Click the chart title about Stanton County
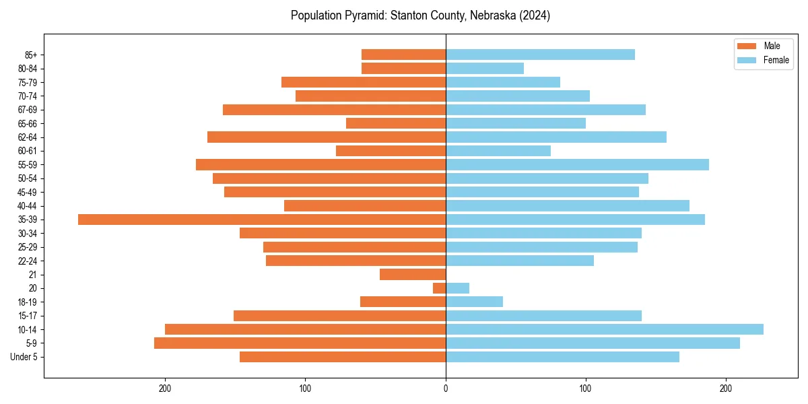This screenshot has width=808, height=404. tap(420, 15)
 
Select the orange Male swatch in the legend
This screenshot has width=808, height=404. tap(747, 46)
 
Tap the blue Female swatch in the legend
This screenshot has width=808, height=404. tap(747, 60)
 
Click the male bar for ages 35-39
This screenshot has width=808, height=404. tap(262, 220)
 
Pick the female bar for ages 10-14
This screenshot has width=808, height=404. tap(604, 329)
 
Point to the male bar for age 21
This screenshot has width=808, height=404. tap(413, 275)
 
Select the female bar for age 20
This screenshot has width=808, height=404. tap(457, 288)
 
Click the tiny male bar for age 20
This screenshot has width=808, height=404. tap(439, 288)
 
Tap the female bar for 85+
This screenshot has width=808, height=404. tap(540, 55)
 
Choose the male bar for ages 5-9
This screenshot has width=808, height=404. tap(300, 343)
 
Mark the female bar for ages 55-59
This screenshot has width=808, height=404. tap(577, 165)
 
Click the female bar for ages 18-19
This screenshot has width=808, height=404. tap(474, 302)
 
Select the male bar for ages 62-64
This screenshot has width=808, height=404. tap(327, 137)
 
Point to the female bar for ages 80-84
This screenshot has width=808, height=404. tap(485, 68)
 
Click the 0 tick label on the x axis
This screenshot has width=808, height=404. tap(446, 389)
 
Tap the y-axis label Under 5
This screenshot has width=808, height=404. tap(24, 357)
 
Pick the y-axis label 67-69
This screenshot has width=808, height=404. tap(27, 110)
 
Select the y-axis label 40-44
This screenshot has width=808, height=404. tap(27, 206)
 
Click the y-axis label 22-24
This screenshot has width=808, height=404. tap(27, 261)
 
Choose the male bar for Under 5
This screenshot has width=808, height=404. tap(343, 357)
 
